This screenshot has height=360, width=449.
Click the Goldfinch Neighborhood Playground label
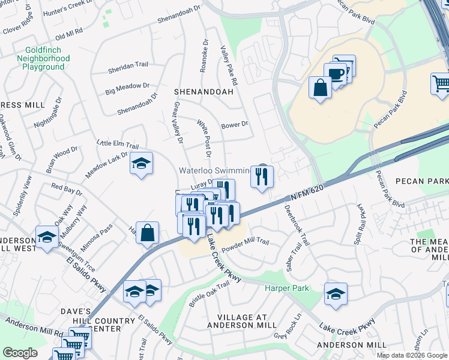[x=47, y=58]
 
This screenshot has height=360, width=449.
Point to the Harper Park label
[x=287, y=289]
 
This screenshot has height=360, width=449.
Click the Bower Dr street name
[x=234, y=125]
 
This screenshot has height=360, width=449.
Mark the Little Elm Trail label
[x=118, y=145]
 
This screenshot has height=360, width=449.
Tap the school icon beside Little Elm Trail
[x=141, y=163]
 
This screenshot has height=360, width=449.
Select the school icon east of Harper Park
[x=336, y=294]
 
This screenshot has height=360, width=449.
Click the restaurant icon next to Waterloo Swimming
[x=261, y=176]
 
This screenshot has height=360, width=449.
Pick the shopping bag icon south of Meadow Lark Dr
[x=147, y=232]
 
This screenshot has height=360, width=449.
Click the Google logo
[x=20, y=353]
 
